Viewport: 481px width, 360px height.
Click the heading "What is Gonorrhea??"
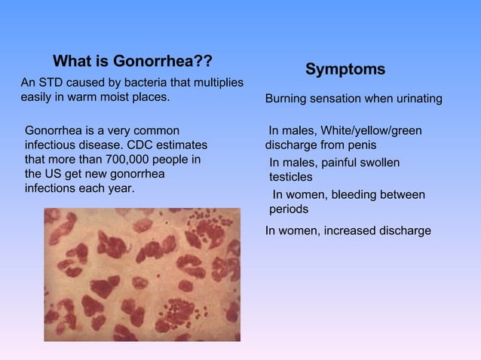point(132,60)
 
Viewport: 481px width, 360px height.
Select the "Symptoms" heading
point(345,69)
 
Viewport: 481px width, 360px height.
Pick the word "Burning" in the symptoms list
point(287,100)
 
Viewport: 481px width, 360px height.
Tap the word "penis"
point(359,145)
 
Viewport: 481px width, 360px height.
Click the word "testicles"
point(291,177)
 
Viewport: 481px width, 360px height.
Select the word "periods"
point(289,209)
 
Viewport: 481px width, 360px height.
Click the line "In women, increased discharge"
point(348,230)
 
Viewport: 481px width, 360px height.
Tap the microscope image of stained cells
point(142,274)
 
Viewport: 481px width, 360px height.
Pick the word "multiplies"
point(213,81)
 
